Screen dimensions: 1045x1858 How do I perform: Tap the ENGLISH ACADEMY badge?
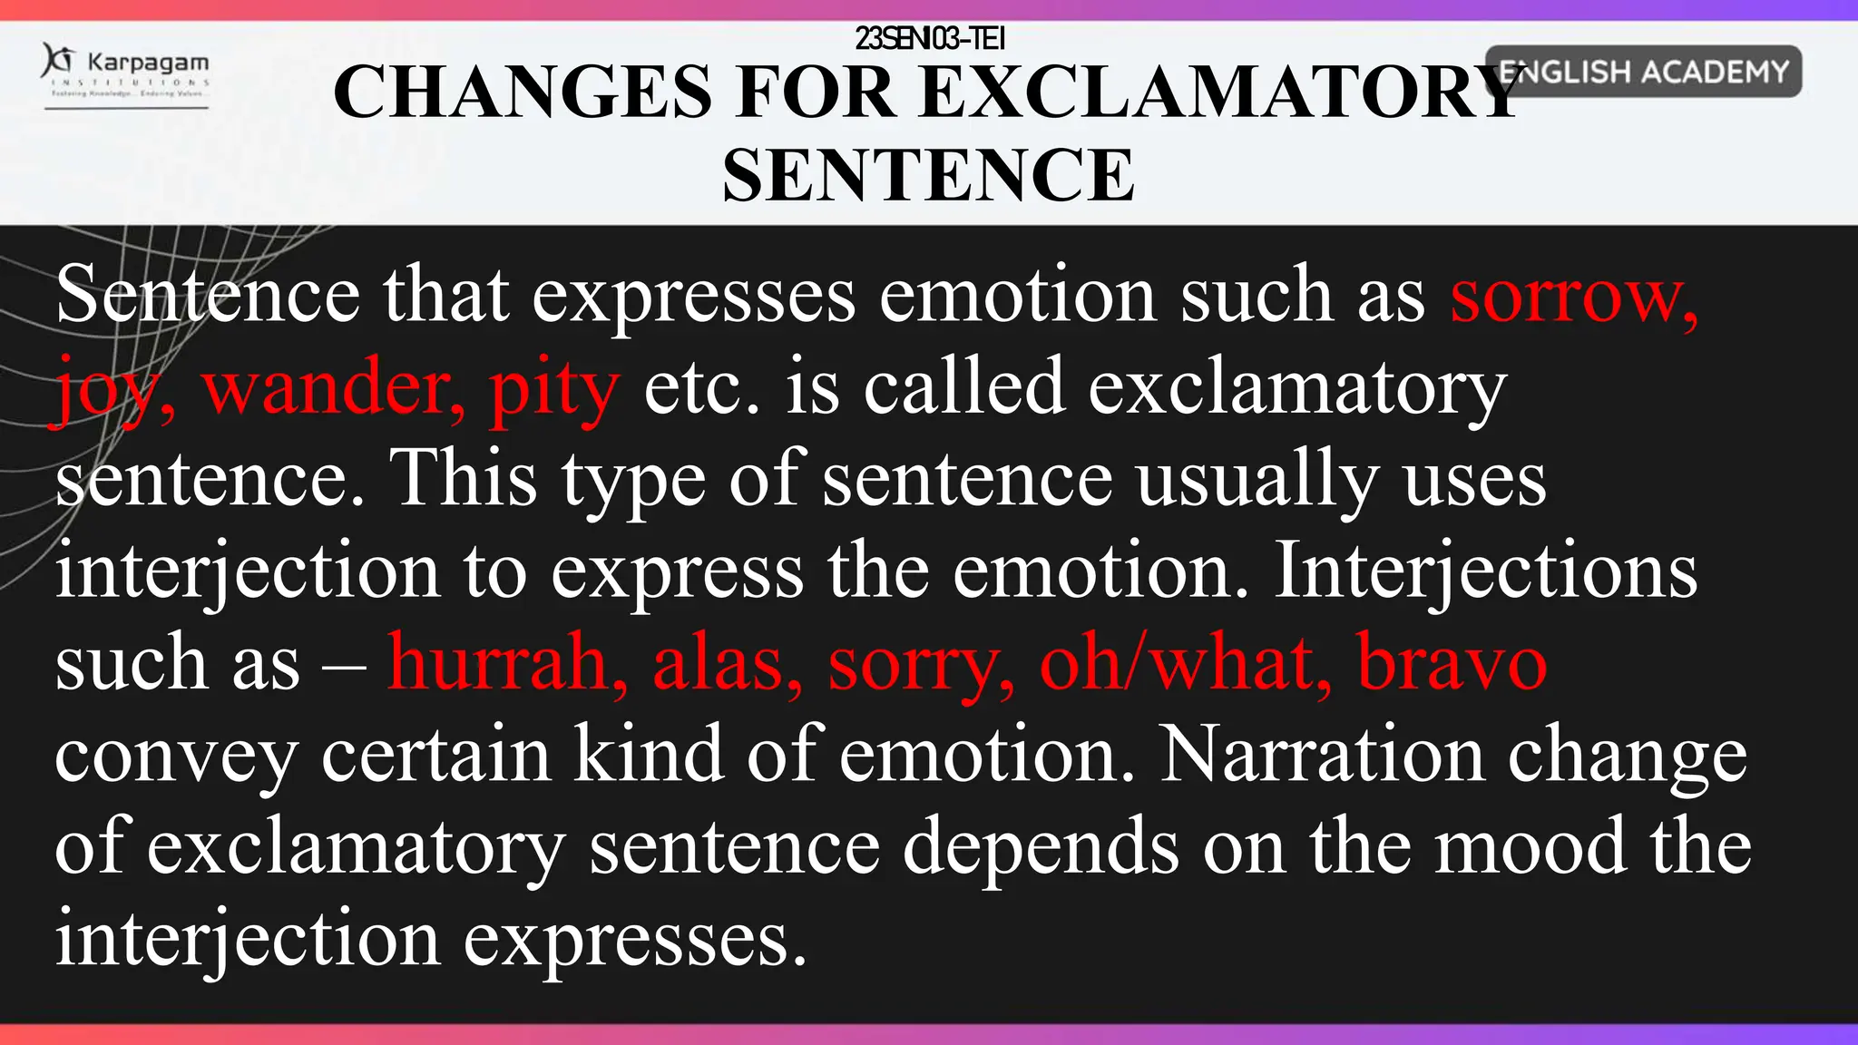tap(1643, 72)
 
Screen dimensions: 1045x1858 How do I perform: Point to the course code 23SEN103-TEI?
tap(930, 38)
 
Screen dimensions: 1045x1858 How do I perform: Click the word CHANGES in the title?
tap(523, 93)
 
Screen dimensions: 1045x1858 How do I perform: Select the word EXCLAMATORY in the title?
tap(1220, 93)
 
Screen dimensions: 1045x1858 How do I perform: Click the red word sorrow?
tap(1573, 296)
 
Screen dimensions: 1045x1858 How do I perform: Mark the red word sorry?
tap(921, 666)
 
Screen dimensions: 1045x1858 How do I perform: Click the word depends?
tap(1041, 849)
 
